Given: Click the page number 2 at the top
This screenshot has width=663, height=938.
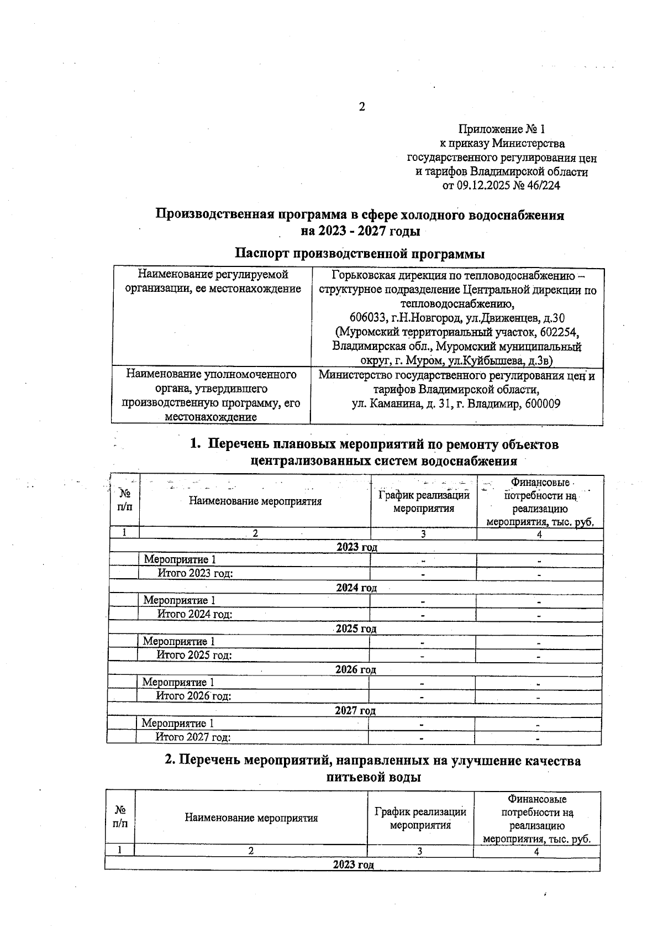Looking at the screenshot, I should [362, 107].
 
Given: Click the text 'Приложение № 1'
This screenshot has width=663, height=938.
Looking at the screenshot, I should [502, 130].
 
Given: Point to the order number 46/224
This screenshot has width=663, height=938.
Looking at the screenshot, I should [543, 186].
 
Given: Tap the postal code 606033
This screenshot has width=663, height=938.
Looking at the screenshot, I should [369, 318].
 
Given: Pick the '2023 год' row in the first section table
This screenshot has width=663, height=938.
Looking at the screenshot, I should [356, 547].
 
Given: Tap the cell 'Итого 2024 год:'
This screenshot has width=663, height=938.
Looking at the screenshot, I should [194, 614].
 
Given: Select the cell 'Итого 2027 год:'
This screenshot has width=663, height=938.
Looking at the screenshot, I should [193, 737].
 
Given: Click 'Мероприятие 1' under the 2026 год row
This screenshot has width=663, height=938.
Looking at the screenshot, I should [178, 683].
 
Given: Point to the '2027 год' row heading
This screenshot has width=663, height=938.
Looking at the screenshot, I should [355, 711].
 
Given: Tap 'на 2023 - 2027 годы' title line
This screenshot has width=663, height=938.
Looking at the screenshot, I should [360, 230].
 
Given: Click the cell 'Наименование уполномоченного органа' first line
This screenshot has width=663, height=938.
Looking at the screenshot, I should [211, 375].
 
